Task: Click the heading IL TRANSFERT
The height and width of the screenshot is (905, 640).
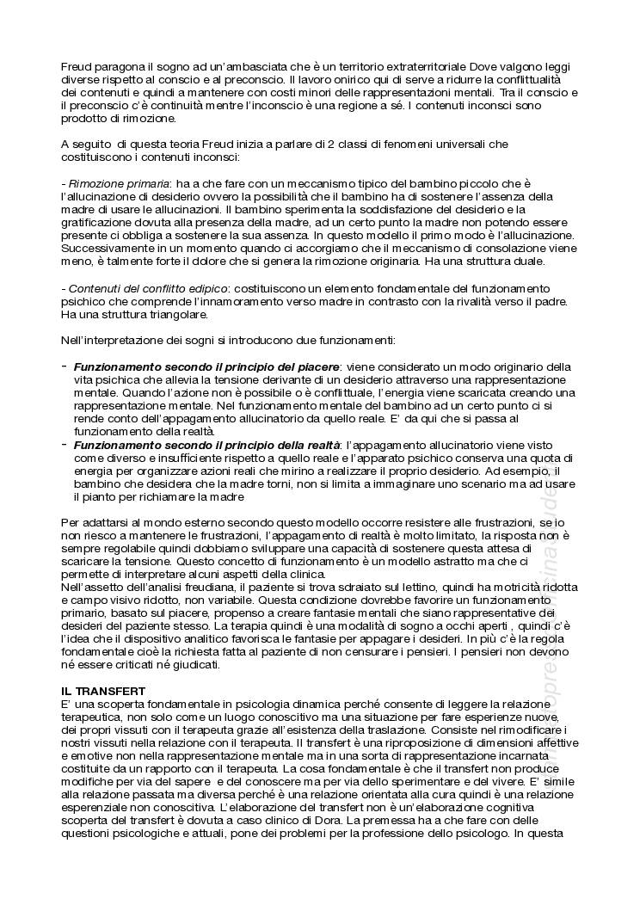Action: (103, 691)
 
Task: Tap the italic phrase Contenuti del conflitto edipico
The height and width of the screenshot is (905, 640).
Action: (148, 288)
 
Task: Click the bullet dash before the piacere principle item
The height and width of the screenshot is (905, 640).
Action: (65, 366)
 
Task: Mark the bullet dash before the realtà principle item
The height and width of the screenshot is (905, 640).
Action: (65, 445)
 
